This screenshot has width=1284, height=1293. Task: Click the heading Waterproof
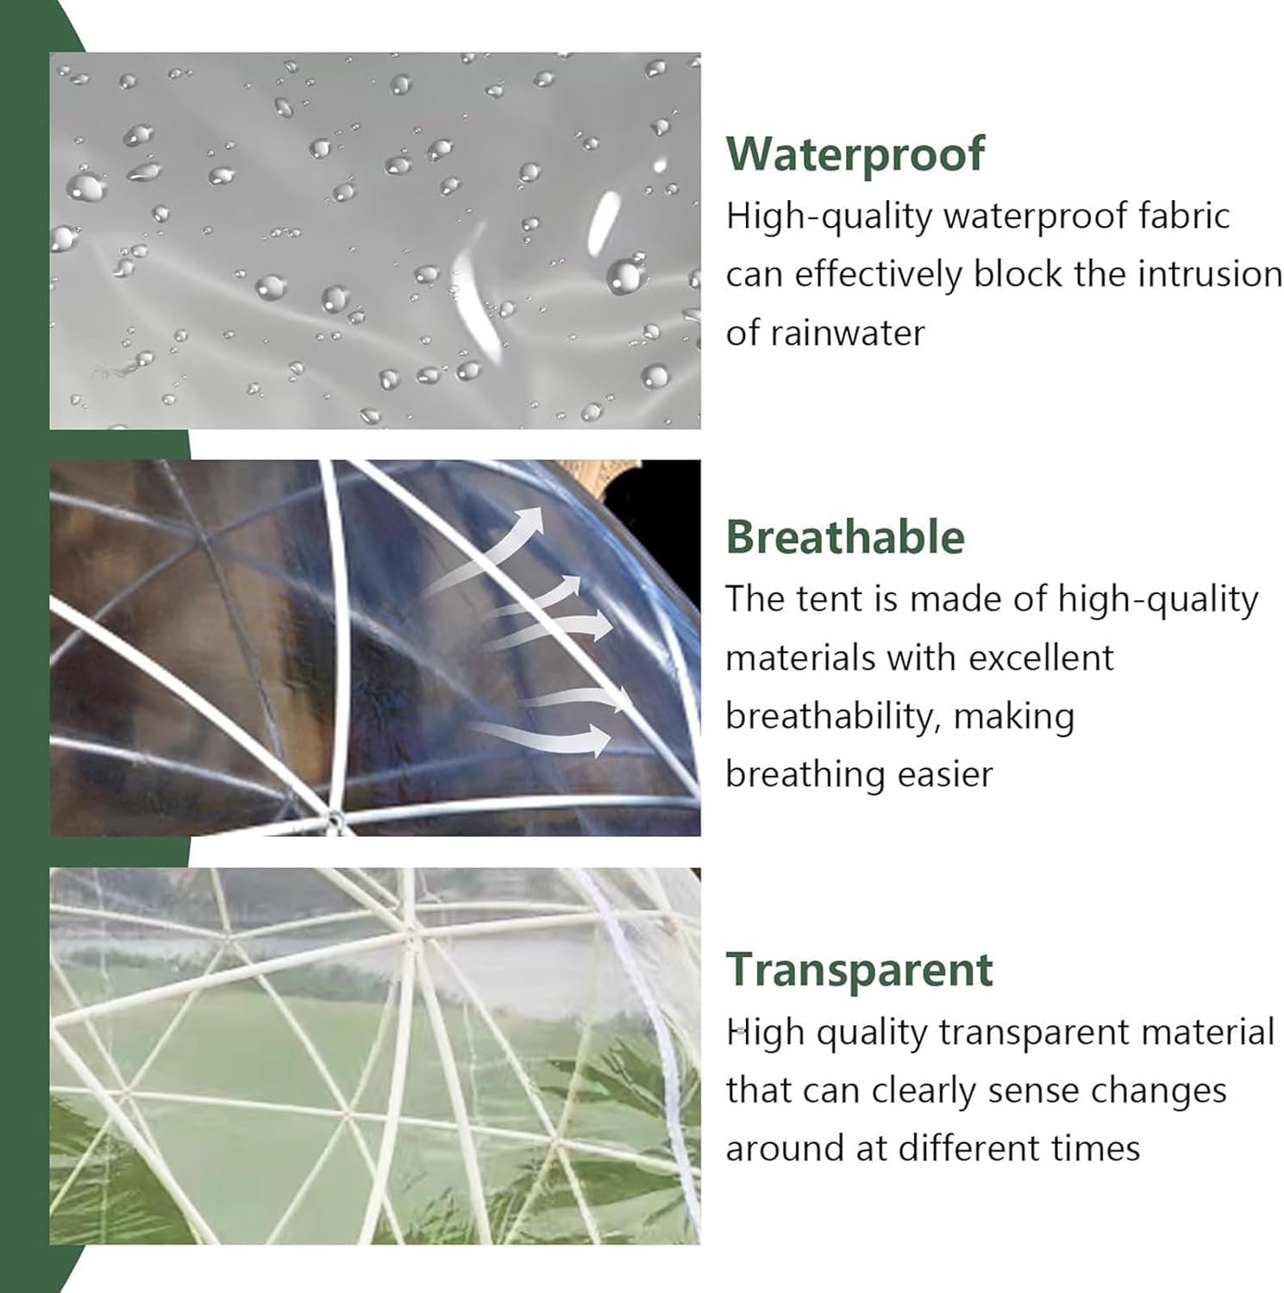(x=855, y=153)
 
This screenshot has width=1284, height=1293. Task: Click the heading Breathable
(x=845, y=536)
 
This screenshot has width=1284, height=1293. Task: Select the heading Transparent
(x=859, y=969)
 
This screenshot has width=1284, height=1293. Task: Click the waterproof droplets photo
(x=374, y=240)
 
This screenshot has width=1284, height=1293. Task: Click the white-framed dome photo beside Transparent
(x=374, y=1055)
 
